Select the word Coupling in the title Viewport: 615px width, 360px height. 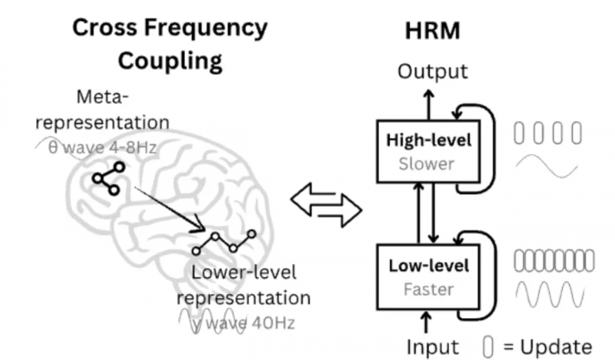click(x=171, y=61)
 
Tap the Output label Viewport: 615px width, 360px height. click(x=433, y=72)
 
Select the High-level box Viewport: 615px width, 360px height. click(x=428, y=152)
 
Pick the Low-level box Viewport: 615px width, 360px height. click(x=428, y=277)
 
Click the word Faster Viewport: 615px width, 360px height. click(x=428, y=289)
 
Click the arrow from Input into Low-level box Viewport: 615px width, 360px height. click(x=426, y=323)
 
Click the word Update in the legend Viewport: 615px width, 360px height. click(x=556, y=347)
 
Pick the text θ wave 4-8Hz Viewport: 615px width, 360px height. click(x=102, y=148)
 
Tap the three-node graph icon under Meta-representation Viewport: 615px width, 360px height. click(x=109, y=178)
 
